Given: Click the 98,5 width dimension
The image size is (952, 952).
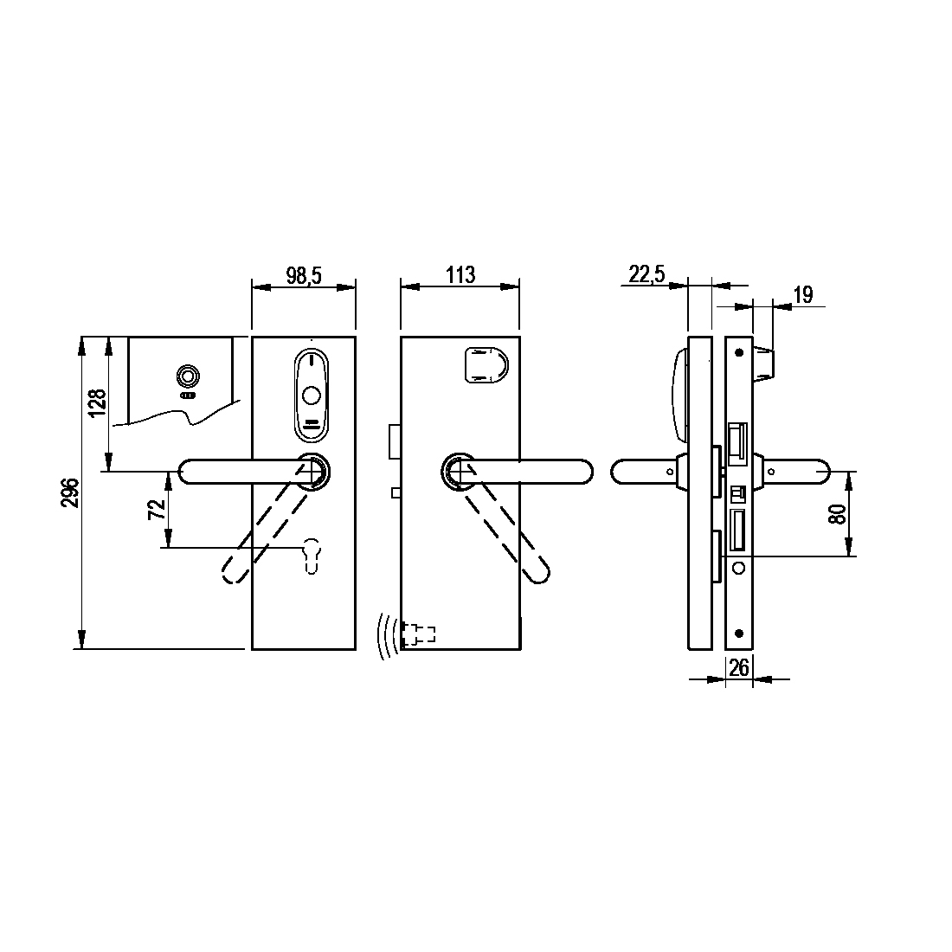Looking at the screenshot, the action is click(304, 275).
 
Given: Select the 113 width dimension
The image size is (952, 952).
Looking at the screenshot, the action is click(460, 275).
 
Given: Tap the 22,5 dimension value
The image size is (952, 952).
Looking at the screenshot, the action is click(646, 274).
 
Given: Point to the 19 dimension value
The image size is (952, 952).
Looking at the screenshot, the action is click(802, 295).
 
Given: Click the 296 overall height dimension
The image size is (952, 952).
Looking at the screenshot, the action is click(71, 493).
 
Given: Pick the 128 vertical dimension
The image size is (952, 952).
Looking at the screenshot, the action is click(97, 403).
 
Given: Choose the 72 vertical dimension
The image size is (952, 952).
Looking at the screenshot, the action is click(158, 509).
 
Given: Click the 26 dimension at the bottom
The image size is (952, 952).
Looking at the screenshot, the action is click(739, 668).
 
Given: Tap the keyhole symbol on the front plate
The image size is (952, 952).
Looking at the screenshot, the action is click(311, 554).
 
